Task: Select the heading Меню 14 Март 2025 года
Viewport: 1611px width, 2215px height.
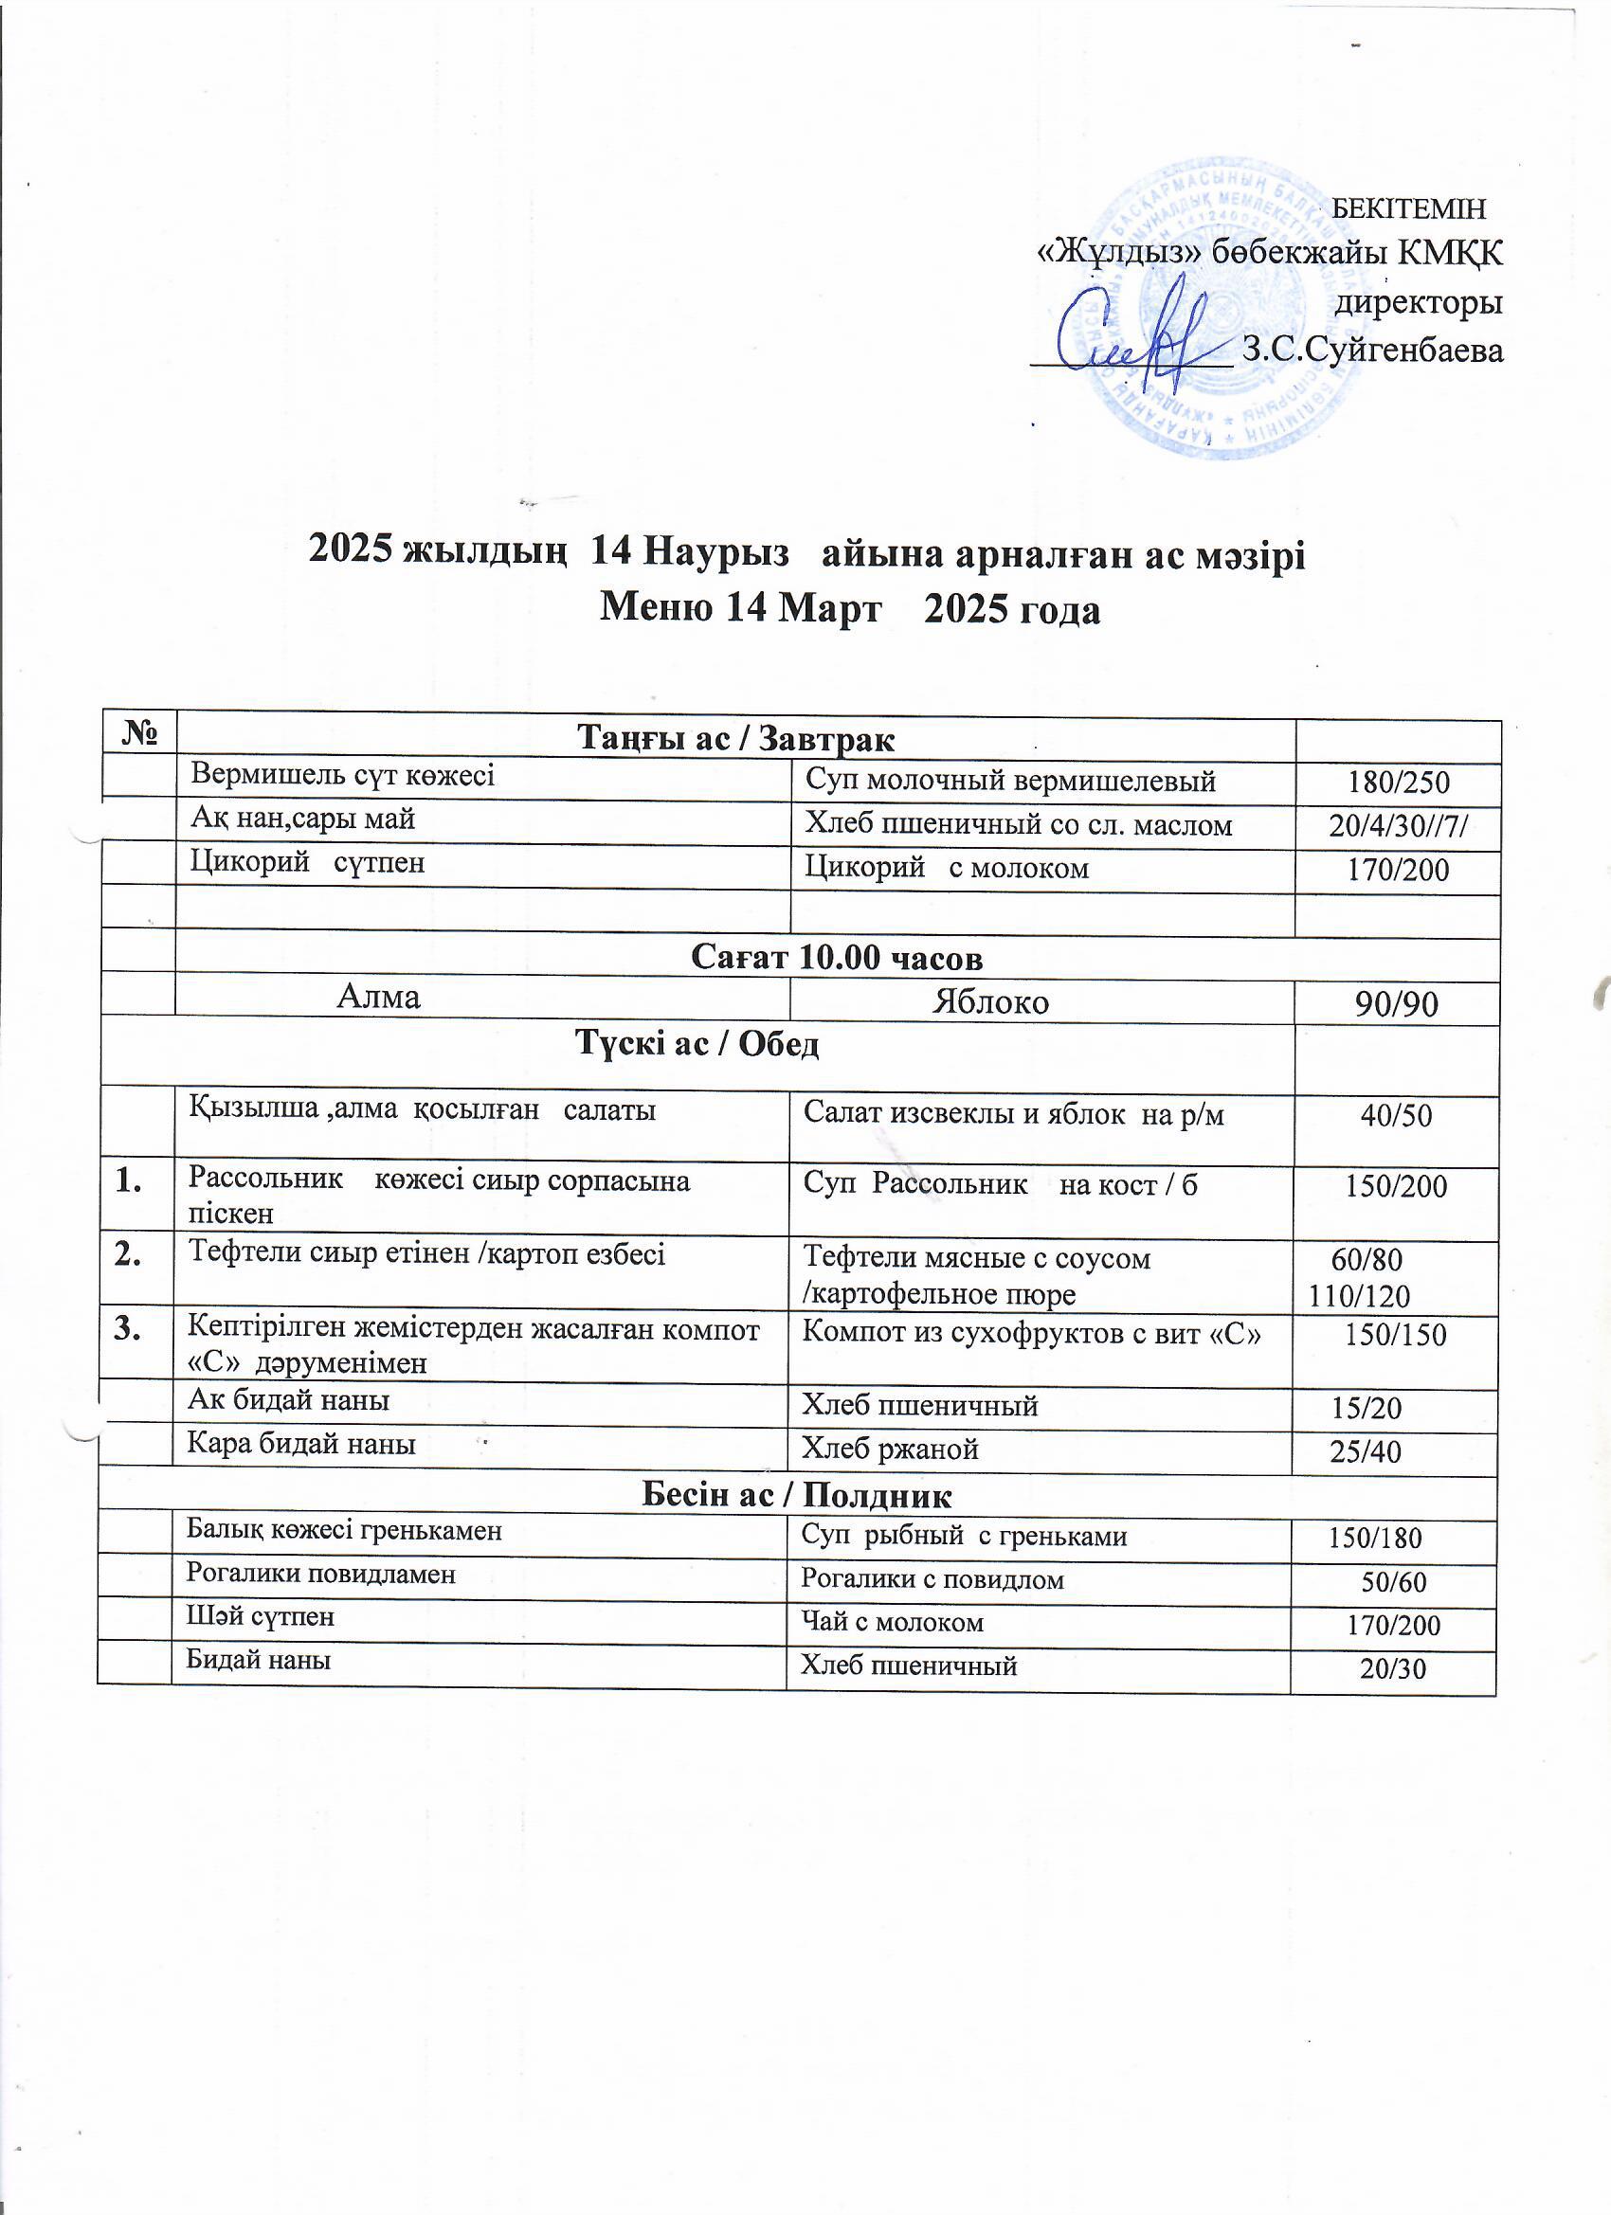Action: click(x=849, y=609)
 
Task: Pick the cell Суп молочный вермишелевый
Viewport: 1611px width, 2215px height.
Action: click(x=1009, y=781)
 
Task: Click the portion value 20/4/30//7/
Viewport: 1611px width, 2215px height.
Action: click(x=1398, y=826)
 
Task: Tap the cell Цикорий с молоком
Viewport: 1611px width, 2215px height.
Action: click(x=945, y=868)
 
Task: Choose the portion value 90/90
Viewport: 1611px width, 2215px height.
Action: click(x=1397, y=1005)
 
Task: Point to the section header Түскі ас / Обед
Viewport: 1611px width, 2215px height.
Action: click(x=696, y=1045)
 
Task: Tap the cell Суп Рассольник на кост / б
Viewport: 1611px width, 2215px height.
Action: click(x=1000, y=1184)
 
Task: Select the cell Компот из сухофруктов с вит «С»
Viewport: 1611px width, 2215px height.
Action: click(x=1031, y=1335)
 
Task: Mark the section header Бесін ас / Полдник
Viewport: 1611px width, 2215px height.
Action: click(x=796, y=1495)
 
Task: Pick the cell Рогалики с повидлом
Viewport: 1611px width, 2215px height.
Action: click(x=932, y=1579)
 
